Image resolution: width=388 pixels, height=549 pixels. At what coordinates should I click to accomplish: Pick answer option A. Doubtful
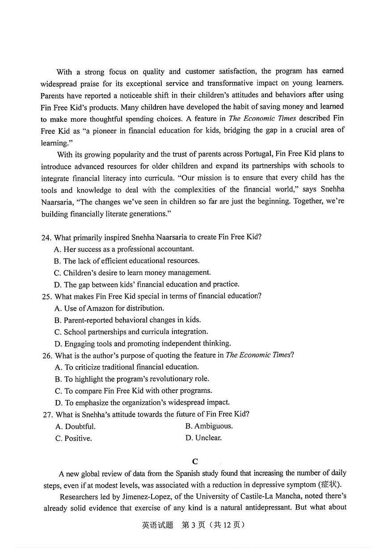[x=75, y=426]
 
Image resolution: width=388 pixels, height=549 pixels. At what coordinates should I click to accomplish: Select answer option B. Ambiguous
[x=209, y=426]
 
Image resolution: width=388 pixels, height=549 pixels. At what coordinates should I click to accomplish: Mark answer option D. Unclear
[x=203, y=438]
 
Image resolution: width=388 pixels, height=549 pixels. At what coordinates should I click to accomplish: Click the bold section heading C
[x=194, y=461]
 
